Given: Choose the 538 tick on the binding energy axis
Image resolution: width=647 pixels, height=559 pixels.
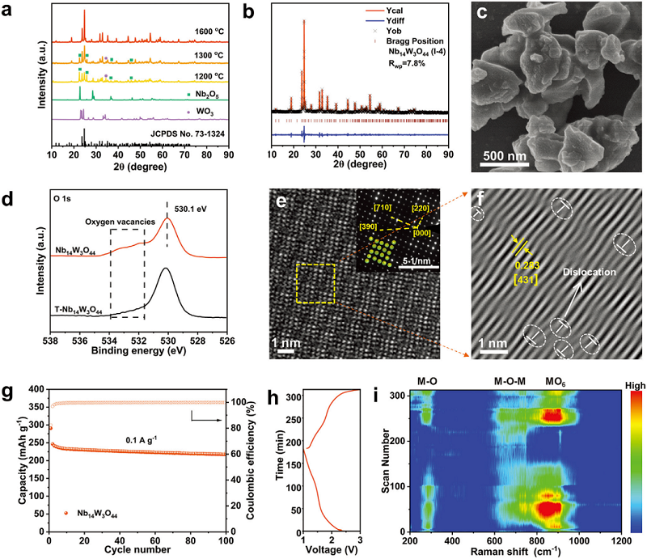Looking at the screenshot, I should (x=52, y=341).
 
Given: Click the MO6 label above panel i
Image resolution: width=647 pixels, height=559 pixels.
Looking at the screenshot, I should (x=555, y=379).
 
